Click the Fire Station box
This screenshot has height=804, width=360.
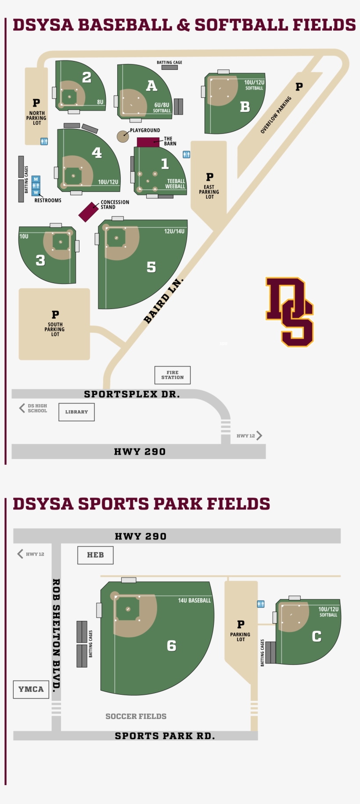point(173,375)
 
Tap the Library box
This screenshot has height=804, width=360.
point(76,412)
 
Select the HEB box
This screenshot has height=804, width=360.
point(95,555)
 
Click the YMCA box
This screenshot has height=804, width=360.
point(31,689)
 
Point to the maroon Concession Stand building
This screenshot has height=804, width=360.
point(88,212)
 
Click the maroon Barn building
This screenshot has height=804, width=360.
point(148,142)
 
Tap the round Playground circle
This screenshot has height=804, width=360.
point(122,136)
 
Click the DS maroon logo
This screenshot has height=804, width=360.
point(290,312)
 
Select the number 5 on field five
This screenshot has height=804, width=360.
point(151,267)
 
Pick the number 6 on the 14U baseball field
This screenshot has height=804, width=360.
point(172,646)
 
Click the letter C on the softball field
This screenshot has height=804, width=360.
point(317,636)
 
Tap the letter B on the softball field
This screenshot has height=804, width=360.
point(245,107)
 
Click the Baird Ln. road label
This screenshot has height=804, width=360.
point(163,301)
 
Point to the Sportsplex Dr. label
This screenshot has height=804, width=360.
point(132,394)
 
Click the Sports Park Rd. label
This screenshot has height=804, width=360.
point(165,736)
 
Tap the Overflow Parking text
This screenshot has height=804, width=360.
point(276,115)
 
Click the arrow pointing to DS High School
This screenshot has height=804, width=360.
point(22,408)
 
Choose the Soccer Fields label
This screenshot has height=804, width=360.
point(136,716)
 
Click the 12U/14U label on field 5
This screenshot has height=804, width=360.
point(174,231)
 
